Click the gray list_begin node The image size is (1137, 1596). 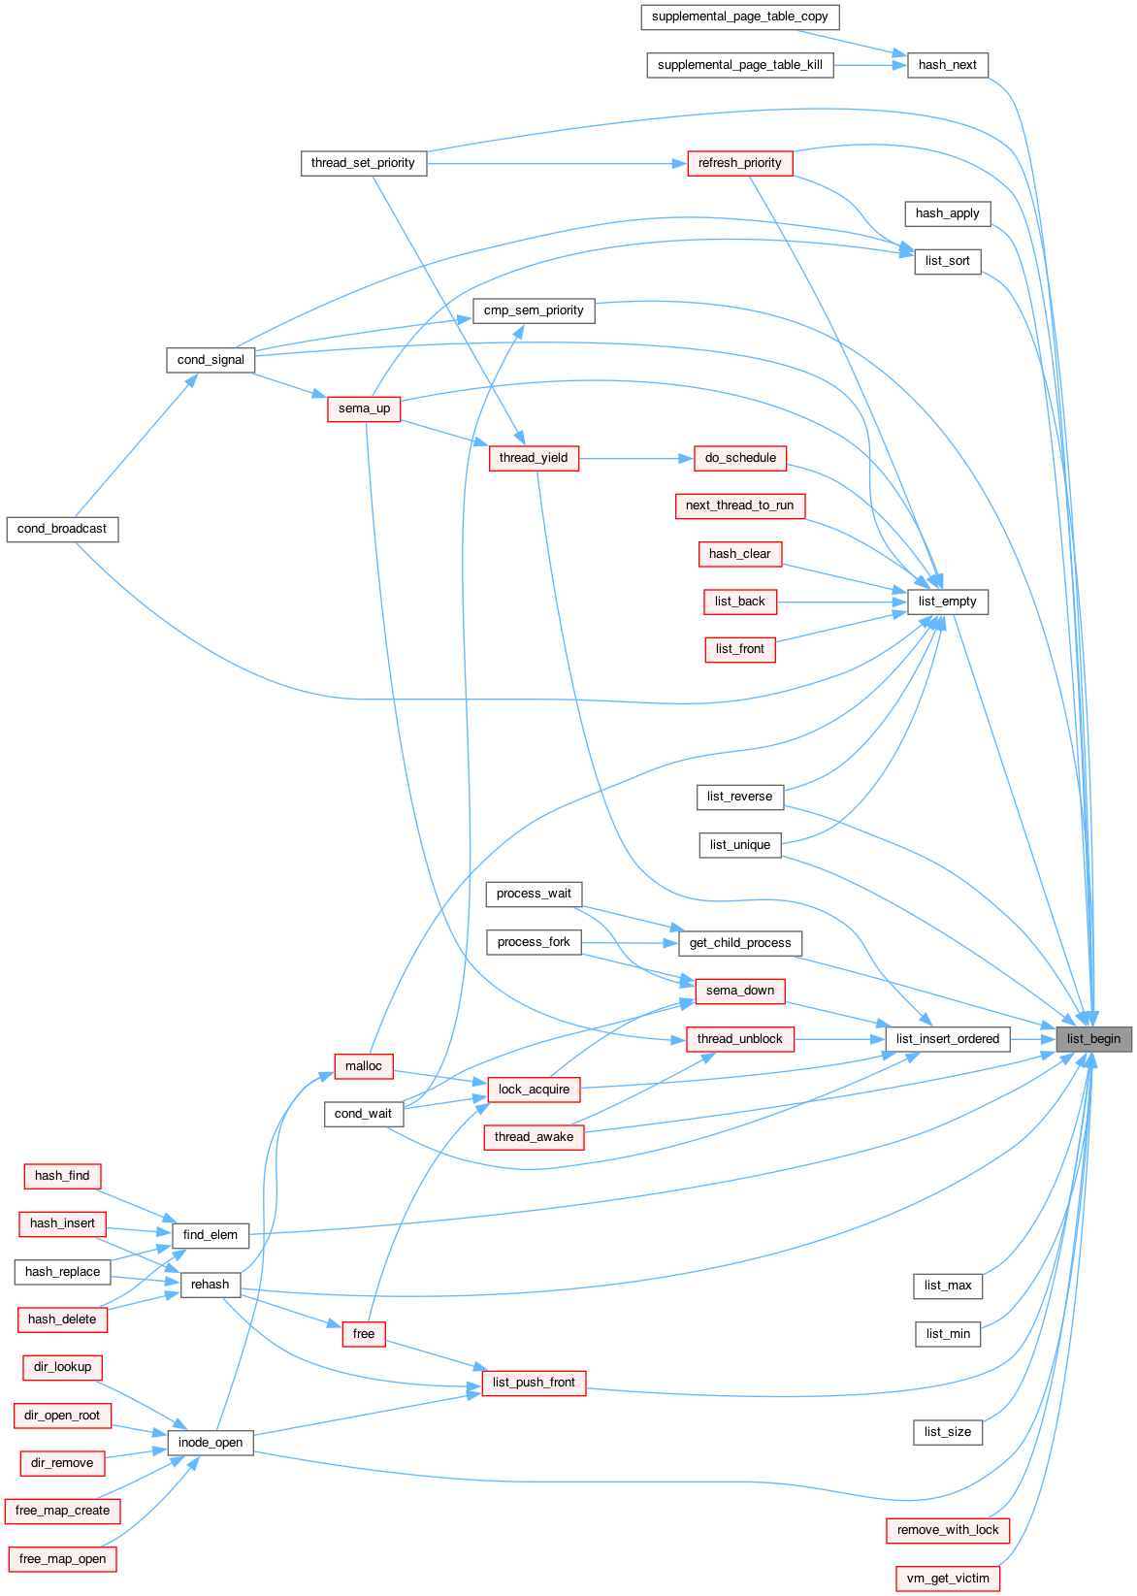[1093, 1039]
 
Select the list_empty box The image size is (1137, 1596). [948, 603]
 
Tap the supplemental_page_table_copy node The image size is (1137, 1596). [740, 17]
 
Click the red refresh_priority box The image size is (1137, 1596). [740, 163]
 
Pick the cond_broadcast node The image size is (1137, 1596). [63, 530]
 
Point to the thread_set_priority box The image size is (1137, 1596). [364, 163]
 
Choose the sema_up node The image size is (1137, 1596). [364, 409]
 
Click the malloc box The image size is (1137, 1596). [364, 1066]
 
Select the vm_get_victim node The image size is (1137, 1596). [948, 1579]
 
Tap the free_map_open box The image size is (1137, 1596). [63, 1559]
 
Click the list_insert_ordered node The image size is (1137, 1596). [948, 1039]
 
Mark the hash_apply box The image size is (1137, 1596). [948, 213]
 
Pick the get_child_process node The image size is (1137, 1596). [740, 943]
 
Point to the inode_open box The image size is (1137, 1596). [211, 1443]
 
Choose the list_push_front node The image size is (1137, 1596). [535, 1383]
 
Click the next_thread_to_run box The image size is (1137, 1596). [740, 505]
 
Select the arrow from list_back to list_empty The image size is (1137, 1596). [842, 603]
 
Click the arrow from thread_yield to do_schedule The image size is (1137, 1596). [636, 458]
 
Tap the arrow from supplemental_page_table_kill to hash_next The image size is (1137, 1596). [870, 66]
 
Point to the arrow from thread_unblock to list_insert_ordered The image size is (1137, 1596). [840, 1039]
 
